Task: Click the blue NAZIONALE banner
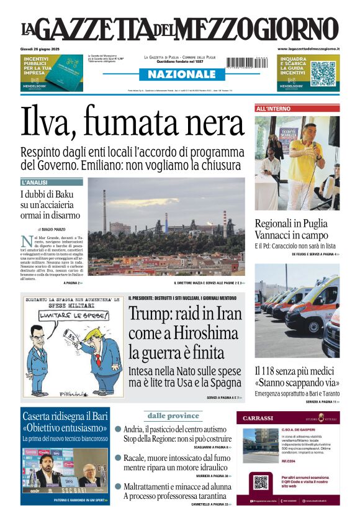[x=180, y=74]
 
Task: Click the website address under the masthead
[x=308, y=48]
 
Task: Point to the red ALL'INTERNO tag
[x=273, y=109]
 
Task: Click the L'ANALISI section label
[x=35, y=183]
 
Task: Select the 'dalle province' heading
[x=173, y=416]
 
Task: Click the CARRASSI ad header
[x=261, y=418]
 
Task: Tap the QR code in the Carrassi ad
[x=261, y=482]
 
